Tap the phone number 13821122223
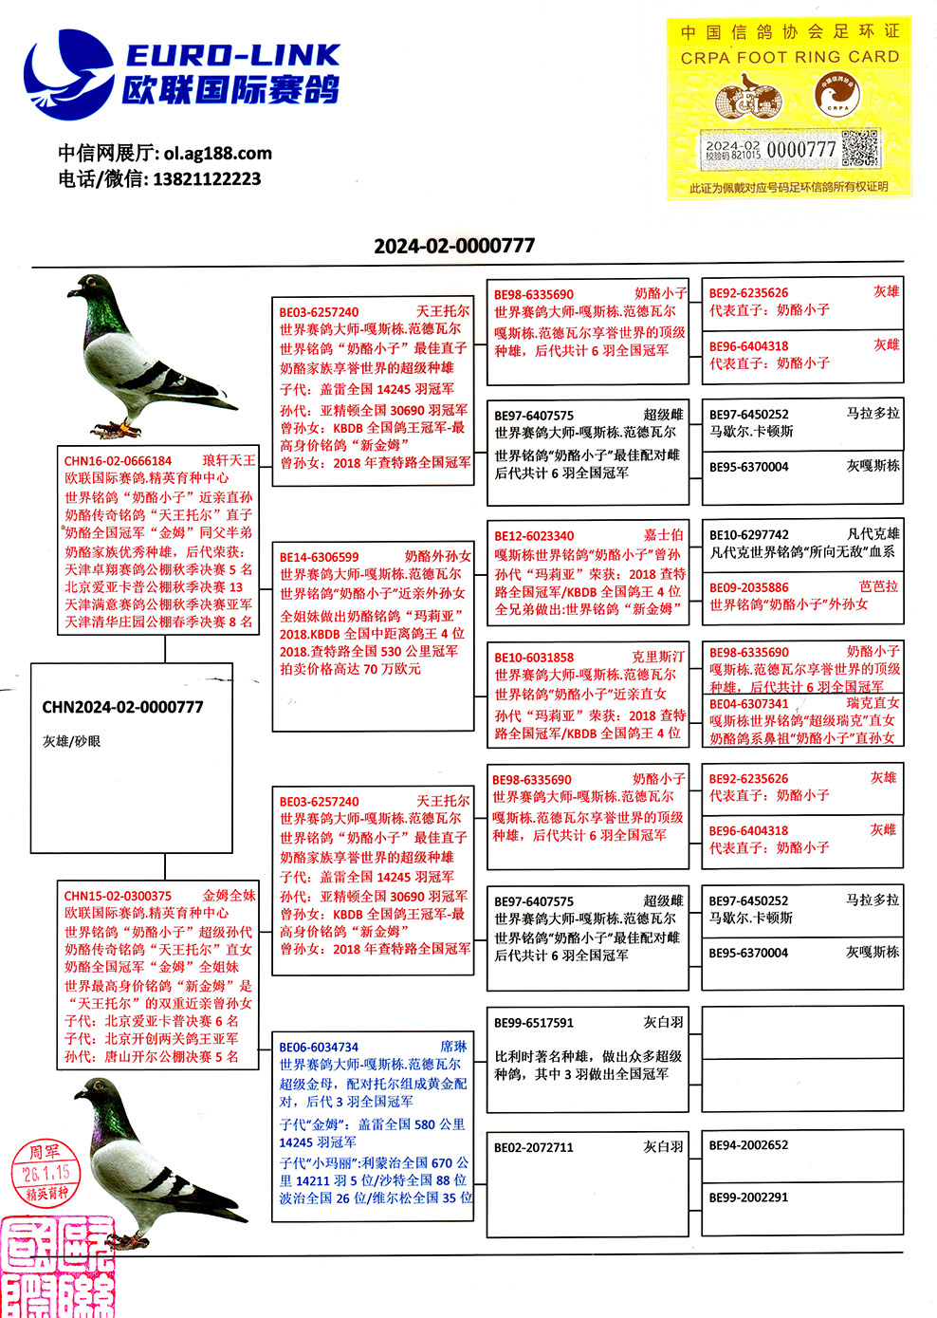pos(206,178)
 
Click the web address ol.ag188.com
pos(217,153)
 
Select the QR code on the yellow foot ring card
pos(859,149)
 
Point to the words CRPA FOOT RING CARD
pos(789,57)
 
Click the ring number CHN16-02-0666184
pos(118,461)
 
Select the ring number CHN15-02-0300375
pos(118,896)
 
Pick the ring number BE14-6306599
pos(320,557)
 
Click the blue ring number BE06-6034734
pos(319,1047)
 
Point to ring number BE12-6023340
pos(534,536)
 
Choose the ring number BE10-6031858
pos(534,657)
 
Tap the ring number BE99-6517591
pos(534,1023)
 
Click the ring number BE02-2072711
pos(534,1147)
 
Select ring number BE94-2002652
pos(748,1145)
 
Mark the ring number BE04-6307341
pos(748,704)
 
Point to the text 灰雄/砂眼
pos(71,741)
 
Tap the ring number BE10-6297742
pos(748,535)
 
